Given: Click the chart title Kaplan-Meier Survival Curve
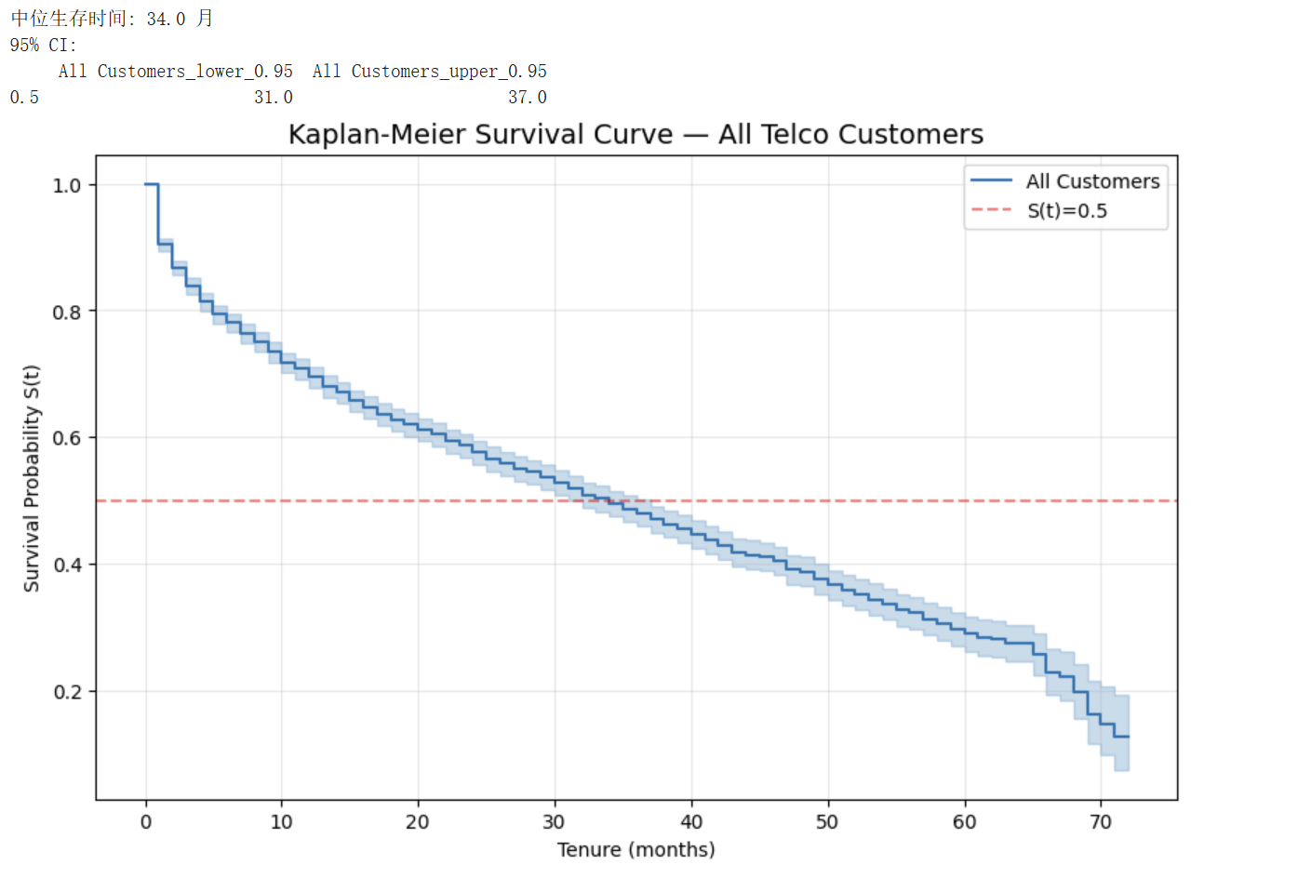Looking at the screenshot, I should (x=636, y=135).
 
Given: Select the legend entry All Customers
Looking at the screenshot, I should (x=1092, y=181).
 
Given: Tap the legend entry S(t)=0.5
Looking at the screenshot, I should (x=1066, y=211).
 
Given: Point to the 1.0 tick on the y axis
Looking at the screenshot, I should (x=67, y=185).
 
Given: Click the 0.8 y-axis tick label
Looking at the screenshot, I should (x=67, y=312).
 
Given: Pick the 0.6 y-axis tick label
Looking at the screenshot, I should (x=67, y=438).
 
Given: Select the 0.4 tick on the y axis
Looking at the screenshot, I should (x=67, y=565).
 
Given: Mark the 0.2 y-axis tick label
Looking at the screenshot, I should (x=67, y=692).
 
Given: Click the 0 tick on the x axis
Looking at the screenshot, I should (x=145, y=822).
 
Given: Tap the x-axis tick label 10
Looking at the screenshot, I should (x=281, y=822).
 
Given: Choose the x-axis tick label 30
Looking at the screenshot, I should (x=554, y=822).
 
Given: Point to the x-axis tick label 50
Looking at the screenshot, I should (x=827, y=822).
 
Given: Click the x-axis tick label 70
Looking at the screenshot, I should (x=1101, y=822).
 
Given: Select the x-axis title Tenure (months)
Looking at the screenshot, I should (x=636, y=850).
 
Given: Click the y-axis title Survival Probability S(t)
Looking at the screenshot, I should (x=32, y=478).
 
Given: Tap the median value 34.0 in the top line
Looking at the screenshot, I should (x=166, y=19).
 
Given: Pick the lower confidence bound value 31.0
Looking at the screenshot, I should (x=273, y=97).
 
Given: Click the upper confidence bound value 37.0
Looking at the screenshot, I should (x=527, y=97).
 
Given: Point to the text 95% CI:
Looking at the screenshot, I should (x=44, y=45).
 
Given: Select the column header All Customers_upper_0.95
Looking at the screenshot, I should (x=429, y=71).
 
